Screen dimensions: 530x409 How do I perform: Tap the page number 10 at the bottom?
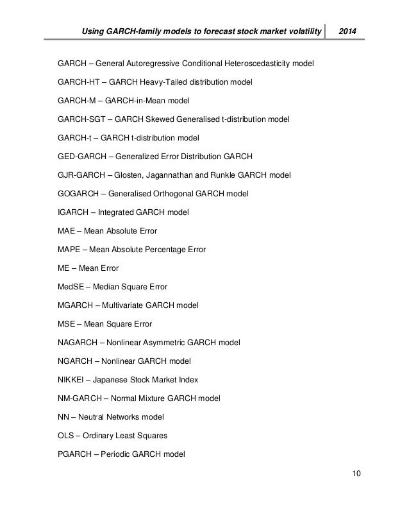[x=356, y=474]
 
